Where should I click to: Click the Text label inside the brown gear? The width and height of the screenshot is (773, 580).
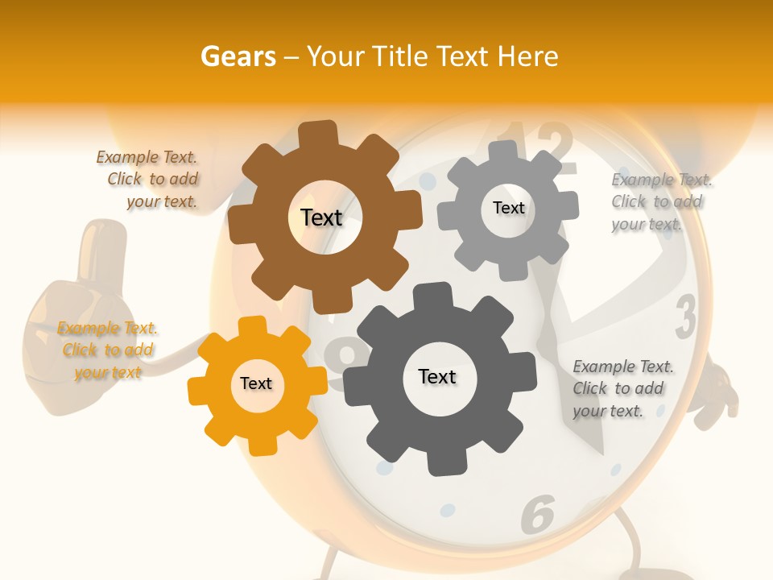coord(321,217)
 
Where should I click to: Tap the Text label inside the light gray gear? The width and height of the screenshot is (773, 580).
coord(508,208)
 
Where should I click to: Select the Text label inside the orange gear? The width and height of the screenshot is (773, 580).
coord(256,383)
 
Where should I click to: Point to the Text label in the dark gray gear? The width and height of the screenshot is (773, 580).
coord(437,376)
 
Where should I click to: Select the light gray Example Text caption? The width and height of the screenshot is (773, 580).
coord(658,201)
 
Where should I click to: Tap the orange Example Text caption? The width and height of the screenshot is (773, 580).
coord(108,350)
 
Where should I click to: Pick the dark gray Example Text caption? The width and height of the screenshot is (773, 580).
coord(620,388)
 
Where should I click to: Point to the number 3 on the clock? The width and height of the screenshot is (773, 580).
coord(685,317)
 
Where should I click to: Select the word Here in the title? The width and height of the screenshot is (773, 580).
coord(528,56)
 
